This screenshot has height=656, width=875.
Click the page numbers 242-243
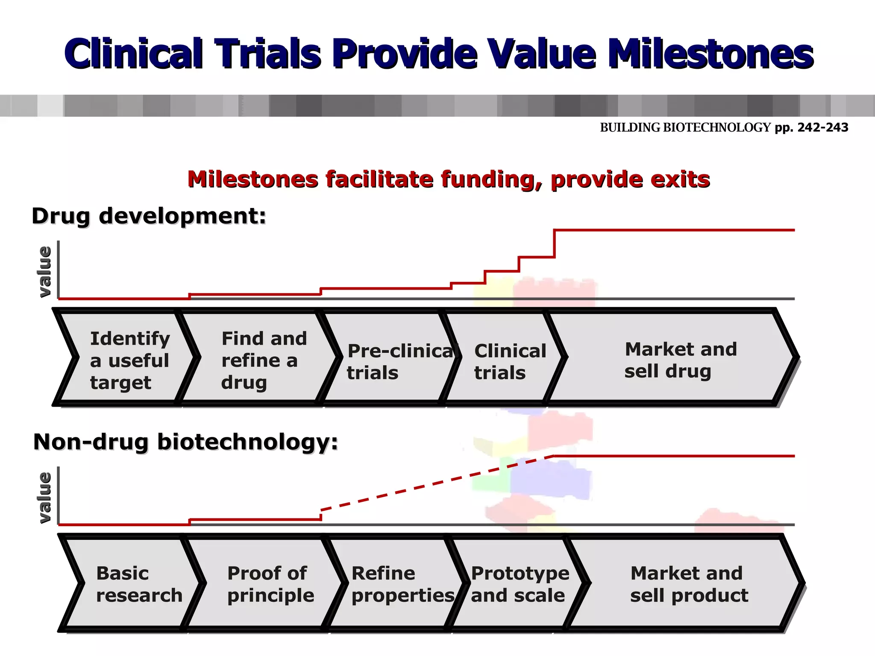tap(822, 128)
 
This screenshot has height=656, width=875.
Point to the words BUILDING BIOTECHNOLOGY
tap(685, 128)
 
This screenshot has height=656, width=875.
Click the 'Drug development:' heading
tap(149, 216)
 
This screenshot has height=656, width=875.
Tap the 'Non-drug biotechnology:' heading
tap(185, 442)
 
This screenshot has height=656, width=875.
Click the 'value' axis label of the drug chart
tap(44, 272)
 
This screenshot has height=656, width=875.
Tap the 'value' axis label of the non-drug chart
tap(44, 498)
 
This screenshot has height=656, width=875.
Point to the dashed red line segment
tap(436, 483)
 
